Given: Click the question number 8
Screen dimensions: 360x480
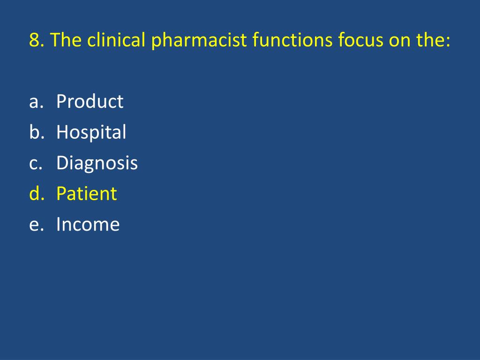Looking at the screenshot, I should coord(34,41).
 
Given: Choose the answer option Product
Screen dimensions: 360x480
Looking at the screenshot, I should coord(90,101).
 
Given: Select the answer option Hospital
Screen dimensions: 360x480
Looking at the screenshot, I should coord(91,133).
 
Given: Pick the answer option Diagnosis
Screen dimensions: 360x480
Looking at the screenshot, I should coord(97,164).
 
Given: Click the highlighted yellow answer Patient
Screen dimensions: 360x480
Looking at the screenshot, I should coord(86,194).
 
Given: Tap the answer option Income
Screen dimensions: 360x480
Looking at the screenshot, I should coord(88,225).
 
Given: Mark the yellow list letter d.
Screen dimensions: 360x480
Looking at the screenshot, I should coord(34,194).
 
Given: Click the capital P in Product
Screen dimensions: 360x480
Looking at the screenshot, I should coord(61,101).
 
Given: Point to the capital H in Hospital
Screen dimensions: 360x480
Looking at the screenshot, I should coord(62,133).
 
